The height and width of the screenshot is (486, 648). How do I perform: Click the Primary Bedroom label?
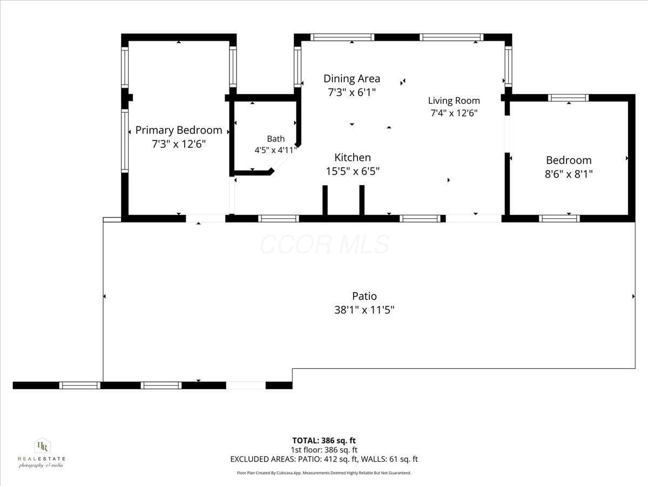tap(179, 130)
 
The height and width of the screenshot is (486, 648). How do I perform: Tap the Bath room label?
tap(276, 139)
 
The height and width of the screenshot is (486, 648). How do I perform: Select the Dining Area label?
tap(352, 78)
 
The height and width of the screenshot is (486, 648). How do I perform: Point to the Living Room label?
tap(454, 100)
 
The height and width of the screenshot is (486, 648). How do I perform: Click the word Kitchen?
tap(353, 157)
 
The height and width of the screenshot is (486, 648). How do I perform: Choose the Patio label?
tap(364, 296)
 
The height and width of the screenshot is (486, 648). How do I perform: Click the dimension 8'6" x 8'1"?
tap(569, 174)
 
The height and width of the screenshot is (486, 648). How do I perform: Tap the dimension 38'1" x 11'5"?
tap(364, 310)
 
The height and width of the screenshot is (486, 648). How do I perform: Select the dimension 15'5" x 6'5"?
tap(353, 171)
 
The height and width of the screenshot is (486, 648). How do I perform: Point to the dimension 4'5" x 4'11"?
tap(276, 150)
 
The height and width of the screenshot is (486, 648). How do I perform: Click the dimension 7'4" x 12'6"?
tap(454, 113)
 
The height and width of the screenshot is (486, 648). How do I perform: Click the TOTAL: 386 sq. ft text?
tap(324, 441)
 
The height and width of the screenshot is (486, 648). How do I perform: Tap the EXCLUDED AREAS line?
tap(324, 459)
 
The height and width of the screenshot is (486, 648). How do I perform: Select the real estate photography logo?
tap(42, 453)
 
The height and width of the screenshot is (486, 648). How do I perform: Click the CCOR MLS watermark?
tap(325, 245)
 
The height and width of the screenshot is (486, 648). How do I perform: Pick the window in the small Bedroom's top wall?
tap(568, 98)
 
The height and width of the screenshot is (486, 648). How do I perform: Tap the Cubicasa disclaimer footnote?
tap(324, 473)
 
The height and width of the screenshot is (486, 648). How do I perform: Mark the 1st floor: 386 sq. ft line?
tap(324, 450)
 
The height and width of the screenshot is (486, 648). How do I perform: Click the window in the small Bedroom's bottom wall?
tap(559, 218)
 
